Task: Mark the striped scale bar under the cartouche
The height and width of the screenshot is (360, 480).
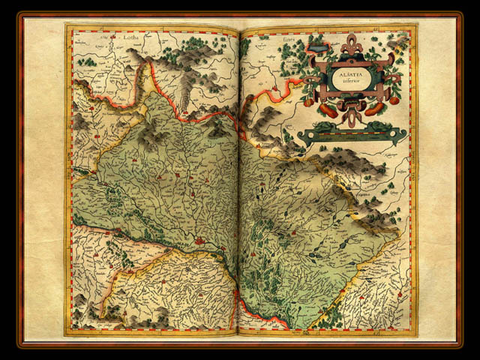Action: point(352,136)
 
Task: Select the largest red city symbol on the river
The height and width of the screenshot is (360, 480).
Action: point(199,241)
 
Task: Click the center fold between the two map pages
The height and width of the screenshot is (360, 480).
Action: point(238,180)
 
